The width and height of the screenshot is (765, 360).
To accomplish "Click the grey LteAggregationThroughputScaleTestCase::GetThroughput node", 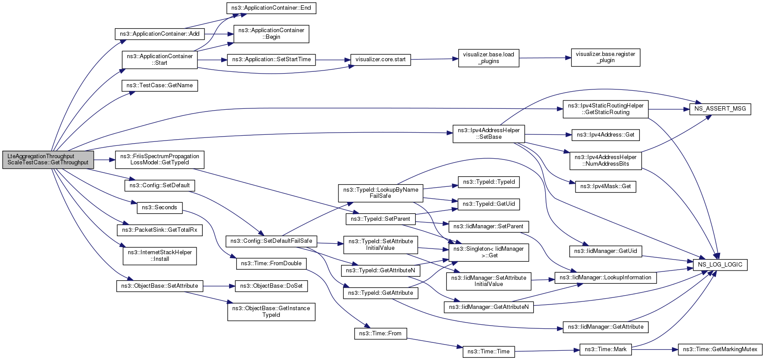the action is tap(48, 159).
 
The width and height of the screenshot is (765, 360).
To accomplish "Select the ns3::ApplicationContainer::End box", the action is tap(271, 8).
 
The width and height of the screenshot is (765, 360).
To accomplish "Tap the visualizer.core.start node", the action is tap(381, 59).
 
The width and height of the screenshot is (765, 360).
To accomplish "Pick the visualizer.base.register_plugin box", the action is tap(605, 57).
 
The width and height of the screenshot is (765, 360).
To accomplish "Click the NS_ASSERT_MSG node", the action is tap(720, 109).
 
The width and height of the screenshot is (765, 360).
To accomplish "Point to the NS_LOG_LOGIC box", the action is tap(720, 265).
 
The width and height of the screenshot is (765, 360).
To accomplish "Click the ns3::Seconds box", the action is tap(160, 208).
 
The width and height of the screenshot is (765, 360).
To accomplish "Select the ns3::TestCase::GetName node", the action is tap(160, 85).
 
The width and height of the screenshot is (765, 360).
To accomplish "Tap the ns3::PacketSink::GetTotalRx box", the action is tap(160, 230).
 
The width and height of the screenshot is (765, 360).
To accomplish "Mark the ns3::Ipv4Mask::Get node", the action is tap(605, 187).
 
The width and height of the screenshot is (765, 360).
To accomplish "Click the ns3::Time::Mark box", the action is tap(605, 349).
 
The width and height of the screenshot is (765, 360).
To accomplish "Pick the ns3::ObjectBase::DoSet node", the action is tap(271, 286).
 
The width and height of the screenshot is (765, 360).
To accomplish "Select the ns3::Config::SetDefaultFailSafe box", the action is tap(271, 241).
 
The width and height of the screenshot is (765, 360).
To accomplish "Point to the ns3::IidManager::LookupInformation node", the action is tap(605, 278).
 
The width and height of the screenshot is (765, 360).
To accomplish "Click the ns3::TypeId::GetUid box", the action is tap(489, 204).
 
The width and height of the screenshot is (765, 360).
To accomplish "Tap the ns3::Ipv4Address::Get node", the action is tap(605, 135).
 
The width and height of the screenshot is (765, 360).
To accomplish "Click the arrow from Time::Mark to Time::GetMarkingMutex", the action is tap(654, 349).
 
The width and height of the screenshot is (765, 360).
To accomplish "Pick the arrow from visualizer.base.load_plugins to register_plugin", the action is tap(545, 58).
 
